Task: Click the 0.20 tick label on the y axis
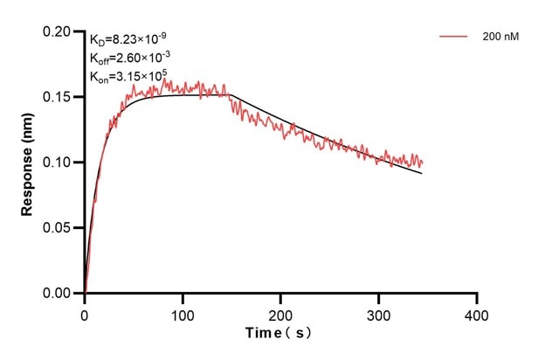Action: pyautogui.click(x=61, y=31)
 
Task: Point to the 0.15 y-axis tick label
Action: pyautogui.click(x=61, y=97)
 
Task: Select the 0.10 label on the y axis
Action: pyautogui.click(x=61, y=163)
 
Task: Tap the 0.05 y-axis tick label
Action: pyautogui.click(x=61, y=228)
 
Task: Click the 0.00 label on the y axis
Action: pyautogui.click(x=61, y=294)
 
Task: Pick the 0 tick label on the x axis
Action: pyautogui.click(x=85, y=313)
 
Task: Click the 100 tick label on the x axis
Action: pyautogui.click(x=183, y=313)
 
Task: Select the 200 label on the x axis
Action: pyautogui.click(x=280, y=313)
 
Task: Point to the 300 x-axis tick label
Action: pyautogui.click(x=378, y=313)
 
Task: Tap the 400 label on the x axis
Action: pyautogui.click(x=476, y=313)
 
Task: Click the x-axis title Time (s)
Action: pyautogui.click(x=279, y=333)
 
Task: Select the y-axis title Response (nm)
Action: pyautogui.click(x=27, y=163)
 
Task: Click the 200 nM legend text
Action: pyautogui.click(x=499, y=37)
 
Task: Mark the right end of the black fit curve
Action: pyautogui.click(x=422, y=173)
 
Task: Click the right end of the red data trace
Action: pyautogui.click(x=423, y=163)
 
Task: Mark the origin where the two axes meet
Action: pyautogui.click(x=85, y=294)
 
